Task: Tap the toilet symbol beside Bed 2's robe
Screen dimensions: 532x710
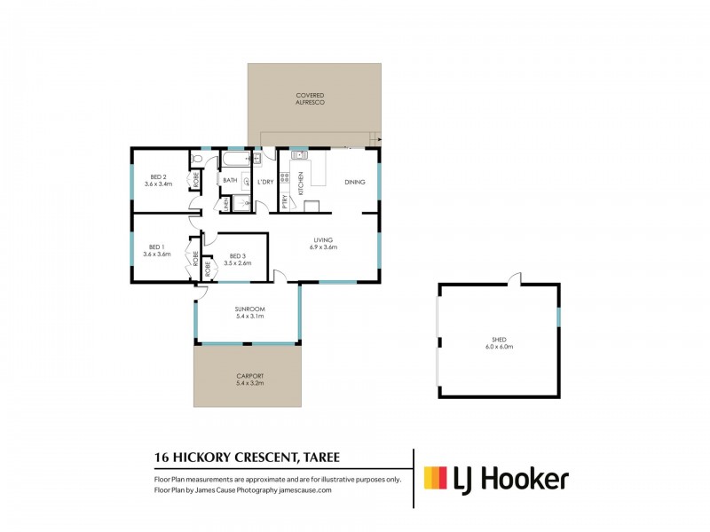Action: point(200,160)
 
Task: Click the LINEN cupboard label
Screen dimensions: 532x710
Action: point(226,204)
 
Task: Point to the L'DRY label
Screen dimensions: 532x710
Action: point(265,182)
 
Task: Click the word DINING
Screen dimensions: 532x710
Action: point(355,182)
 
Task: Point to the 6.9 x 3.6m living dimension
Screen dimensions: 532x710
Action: point(322,247)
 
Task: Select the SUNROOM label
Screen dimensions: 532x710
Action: point(250,309)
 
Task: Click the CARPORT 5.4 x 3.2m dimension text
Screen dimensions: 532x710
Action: point(250,384)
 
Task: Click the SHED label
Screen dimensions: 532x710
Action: point(499,339)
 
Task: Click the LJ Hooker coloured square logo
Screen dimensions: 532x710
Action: point(434,479)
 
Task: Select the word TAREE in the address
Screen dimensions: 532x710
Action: point(315,458)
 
